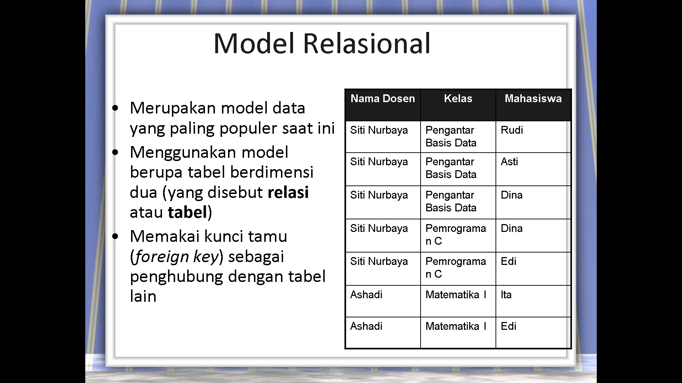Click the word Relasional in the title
coord(367,43)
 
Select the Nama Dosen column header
coord(383,99)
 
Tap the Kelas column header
coord(458,99)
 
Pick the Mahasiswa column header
coord(533,99)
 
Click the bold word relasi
coord(288,192)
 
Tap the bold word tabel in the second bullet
coord(187,212)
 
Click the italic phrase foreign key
coord(177,256)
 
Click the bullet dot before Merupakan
coord(115,108)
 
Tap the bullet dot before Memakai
coord(115,236)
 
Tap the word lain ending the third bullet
coord(143,296)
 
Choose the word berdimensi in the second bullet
coord(272,172)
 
